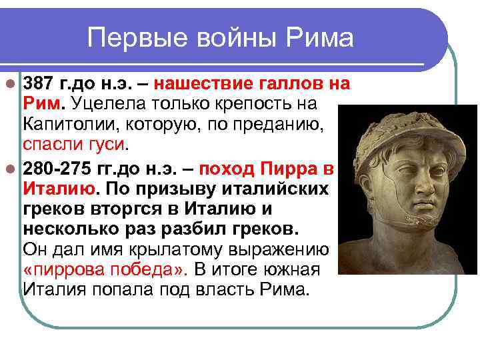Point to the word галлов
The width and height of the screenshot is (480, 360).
coord(292,85)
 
